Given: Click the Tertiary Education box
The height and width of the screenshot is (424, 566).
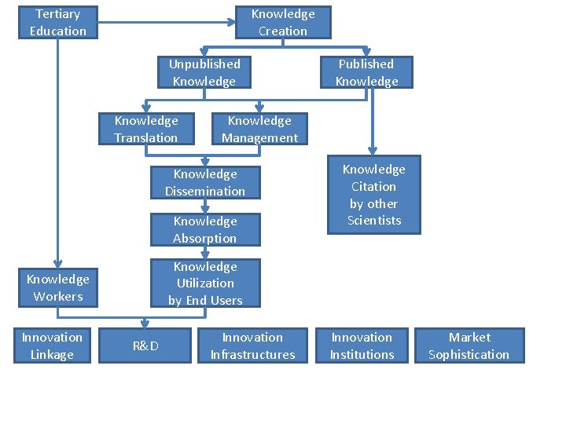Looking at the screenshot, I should click(58, 22).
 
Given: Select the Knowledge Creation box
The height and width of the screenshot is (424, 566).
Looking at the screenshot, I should click(283, 22).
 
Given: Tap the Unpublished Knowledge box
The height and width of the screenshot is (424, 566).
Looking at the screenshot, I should click(204, 72).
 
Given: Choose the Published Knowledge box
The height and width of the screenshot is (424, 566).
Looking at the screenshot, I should click(366, 72).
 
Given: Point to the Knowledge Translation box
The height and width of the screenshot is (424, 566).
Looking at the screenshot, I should click(146, 129).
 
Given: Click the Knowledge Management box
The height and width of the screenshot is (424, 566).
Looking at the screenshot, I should click(259, 129).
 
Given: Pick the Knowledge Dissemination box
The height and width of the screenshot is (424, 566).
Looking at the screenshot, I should click(204, 182).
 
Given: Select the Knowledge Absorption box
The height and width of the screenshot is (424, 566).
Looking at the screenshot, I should click(204, 229).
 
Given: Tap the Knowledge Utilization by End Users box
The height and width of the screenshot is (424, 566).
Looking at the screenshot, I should click(204, 283).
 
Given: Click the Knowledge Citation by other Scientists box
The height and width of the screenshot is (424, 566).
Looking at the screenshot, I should click(373, 195).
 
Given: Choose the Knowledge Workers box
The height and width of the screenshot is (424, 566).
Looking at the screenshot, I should click(58, 287).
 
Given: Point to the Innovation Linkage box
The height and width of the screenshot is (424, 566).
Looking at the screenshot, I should click(52, 345).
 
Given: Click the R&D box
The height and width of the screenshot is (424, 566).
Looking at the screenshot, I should click(145, 345).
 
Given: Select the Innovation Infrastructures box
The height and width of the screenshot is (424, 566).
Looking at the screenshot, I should click(252, 345).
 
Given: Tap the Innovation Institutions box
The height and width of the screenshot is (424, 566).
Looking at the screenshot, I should click(362, 345).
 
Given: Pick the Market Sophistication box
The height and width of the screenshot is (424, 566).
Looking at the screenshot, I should click(469, 345).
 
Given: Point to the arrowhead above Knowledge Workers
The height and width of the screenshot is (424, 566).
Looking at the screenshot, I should click(58, 265).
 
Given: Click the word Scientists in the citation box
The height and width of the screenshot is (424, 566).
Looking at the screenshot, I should click(374, 221).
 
